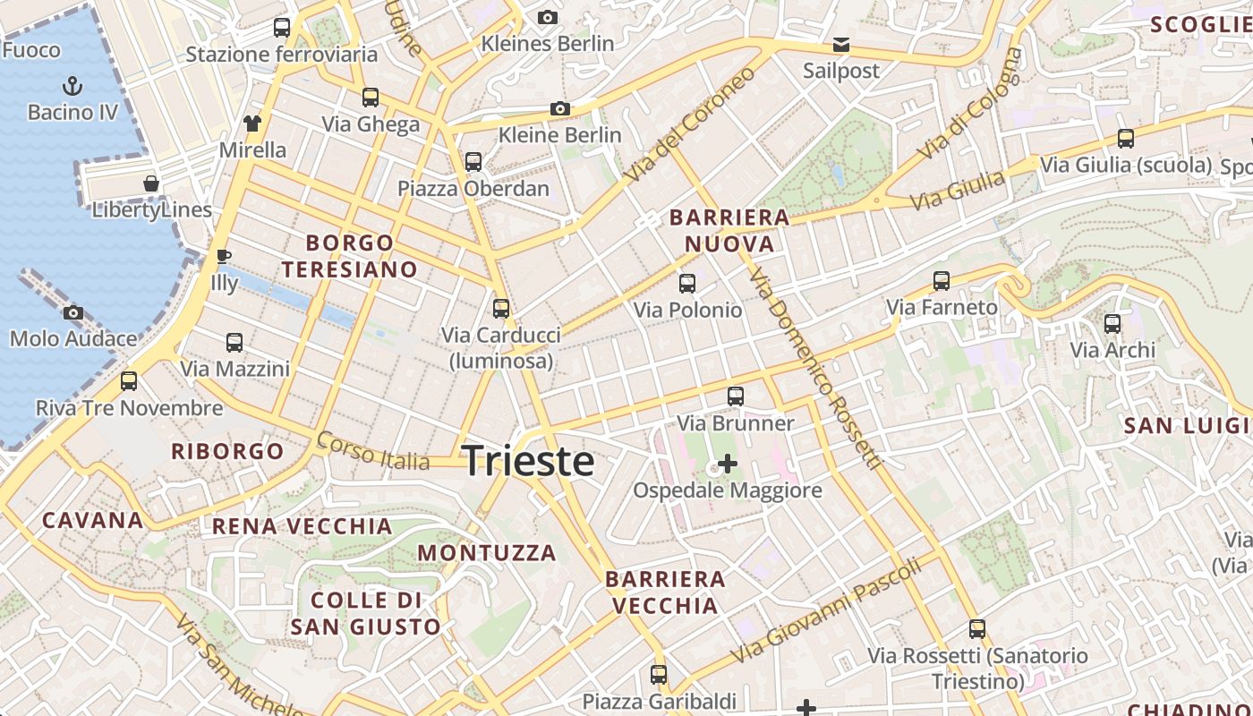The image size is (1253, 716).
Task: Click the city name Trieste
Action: (528, 461)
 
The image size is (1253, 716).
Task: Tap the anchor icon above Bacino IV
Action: (72, 86)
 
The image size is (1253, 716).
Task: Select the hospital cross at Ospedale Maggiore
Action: (728, 464)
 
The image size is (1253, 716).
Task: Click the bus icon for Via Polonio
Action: (687, 284)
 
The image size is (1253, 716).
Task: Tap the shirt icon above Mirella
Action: (252, 124)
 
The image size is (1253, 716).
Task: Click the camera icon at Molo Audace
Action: (73, 312)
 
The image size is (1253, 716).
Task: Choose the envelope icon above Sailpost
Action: (840, 45)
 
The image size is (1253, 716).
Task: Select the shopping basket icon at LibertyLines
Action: (151, 184)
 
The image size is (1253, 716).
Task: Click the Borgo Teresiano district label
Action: (350, 256)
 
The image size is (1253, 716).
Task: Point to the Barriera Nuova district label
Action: (729, 231)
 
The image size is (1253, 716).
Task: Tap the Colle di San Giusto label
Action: (365, 613)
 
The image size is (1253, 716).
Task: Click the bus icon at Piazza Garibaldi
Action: (659, 675)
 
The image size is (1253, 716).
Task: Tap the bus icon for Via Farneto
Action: (942, 281)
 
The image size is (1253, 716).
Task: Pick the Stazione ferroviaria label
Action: (281, 55)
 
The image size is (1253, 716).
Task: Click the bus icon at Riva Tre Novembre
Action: (129, 382)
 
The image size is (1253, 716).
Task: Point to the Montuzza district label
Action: (487, 553)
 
